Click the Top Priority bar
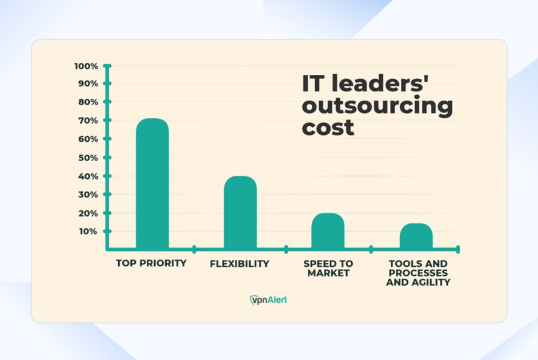pyautogui.click(x=152, y=183)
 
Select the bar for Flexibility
pyautogui.click(x=240, y=212)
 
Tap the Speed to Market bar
pyautogui.click(x=328, y=231)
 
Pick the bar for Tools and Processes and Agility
pyautogui.click(x=416, y=235)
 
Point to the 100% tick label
pyautogui.click(x=86, y=66)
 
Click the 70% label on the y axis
pyautogui.click(x=88, y=121)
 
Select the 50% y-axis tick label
pyautogui.click(x=88, y=158)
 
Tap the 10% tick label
pyautogui.click(x=88, y=231)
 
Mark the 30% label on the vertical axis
pyautogui.click(x=88, y=194)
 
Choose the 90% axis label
pyautogui.click(x=88, y=83)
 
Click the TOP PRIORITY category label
pyautogui.click(x=151, y=263)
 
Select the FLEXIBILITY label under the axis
pyautogui.click(x=239, y=264)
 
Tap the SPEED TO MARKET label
pyautogui.click(x=328, y=269)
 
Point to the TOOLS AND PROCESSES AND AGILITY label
pyautogui.click(x=418, y=273)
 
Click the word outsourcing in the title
pyautogui.click(x=377, y=106)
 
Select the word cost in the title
pyautogui.click(x=328, y=127)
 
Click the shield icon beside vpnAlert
pyautogui.click(x=254, y=299)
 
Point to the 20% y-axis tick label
pyautogui.click(x=88, y=213)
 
